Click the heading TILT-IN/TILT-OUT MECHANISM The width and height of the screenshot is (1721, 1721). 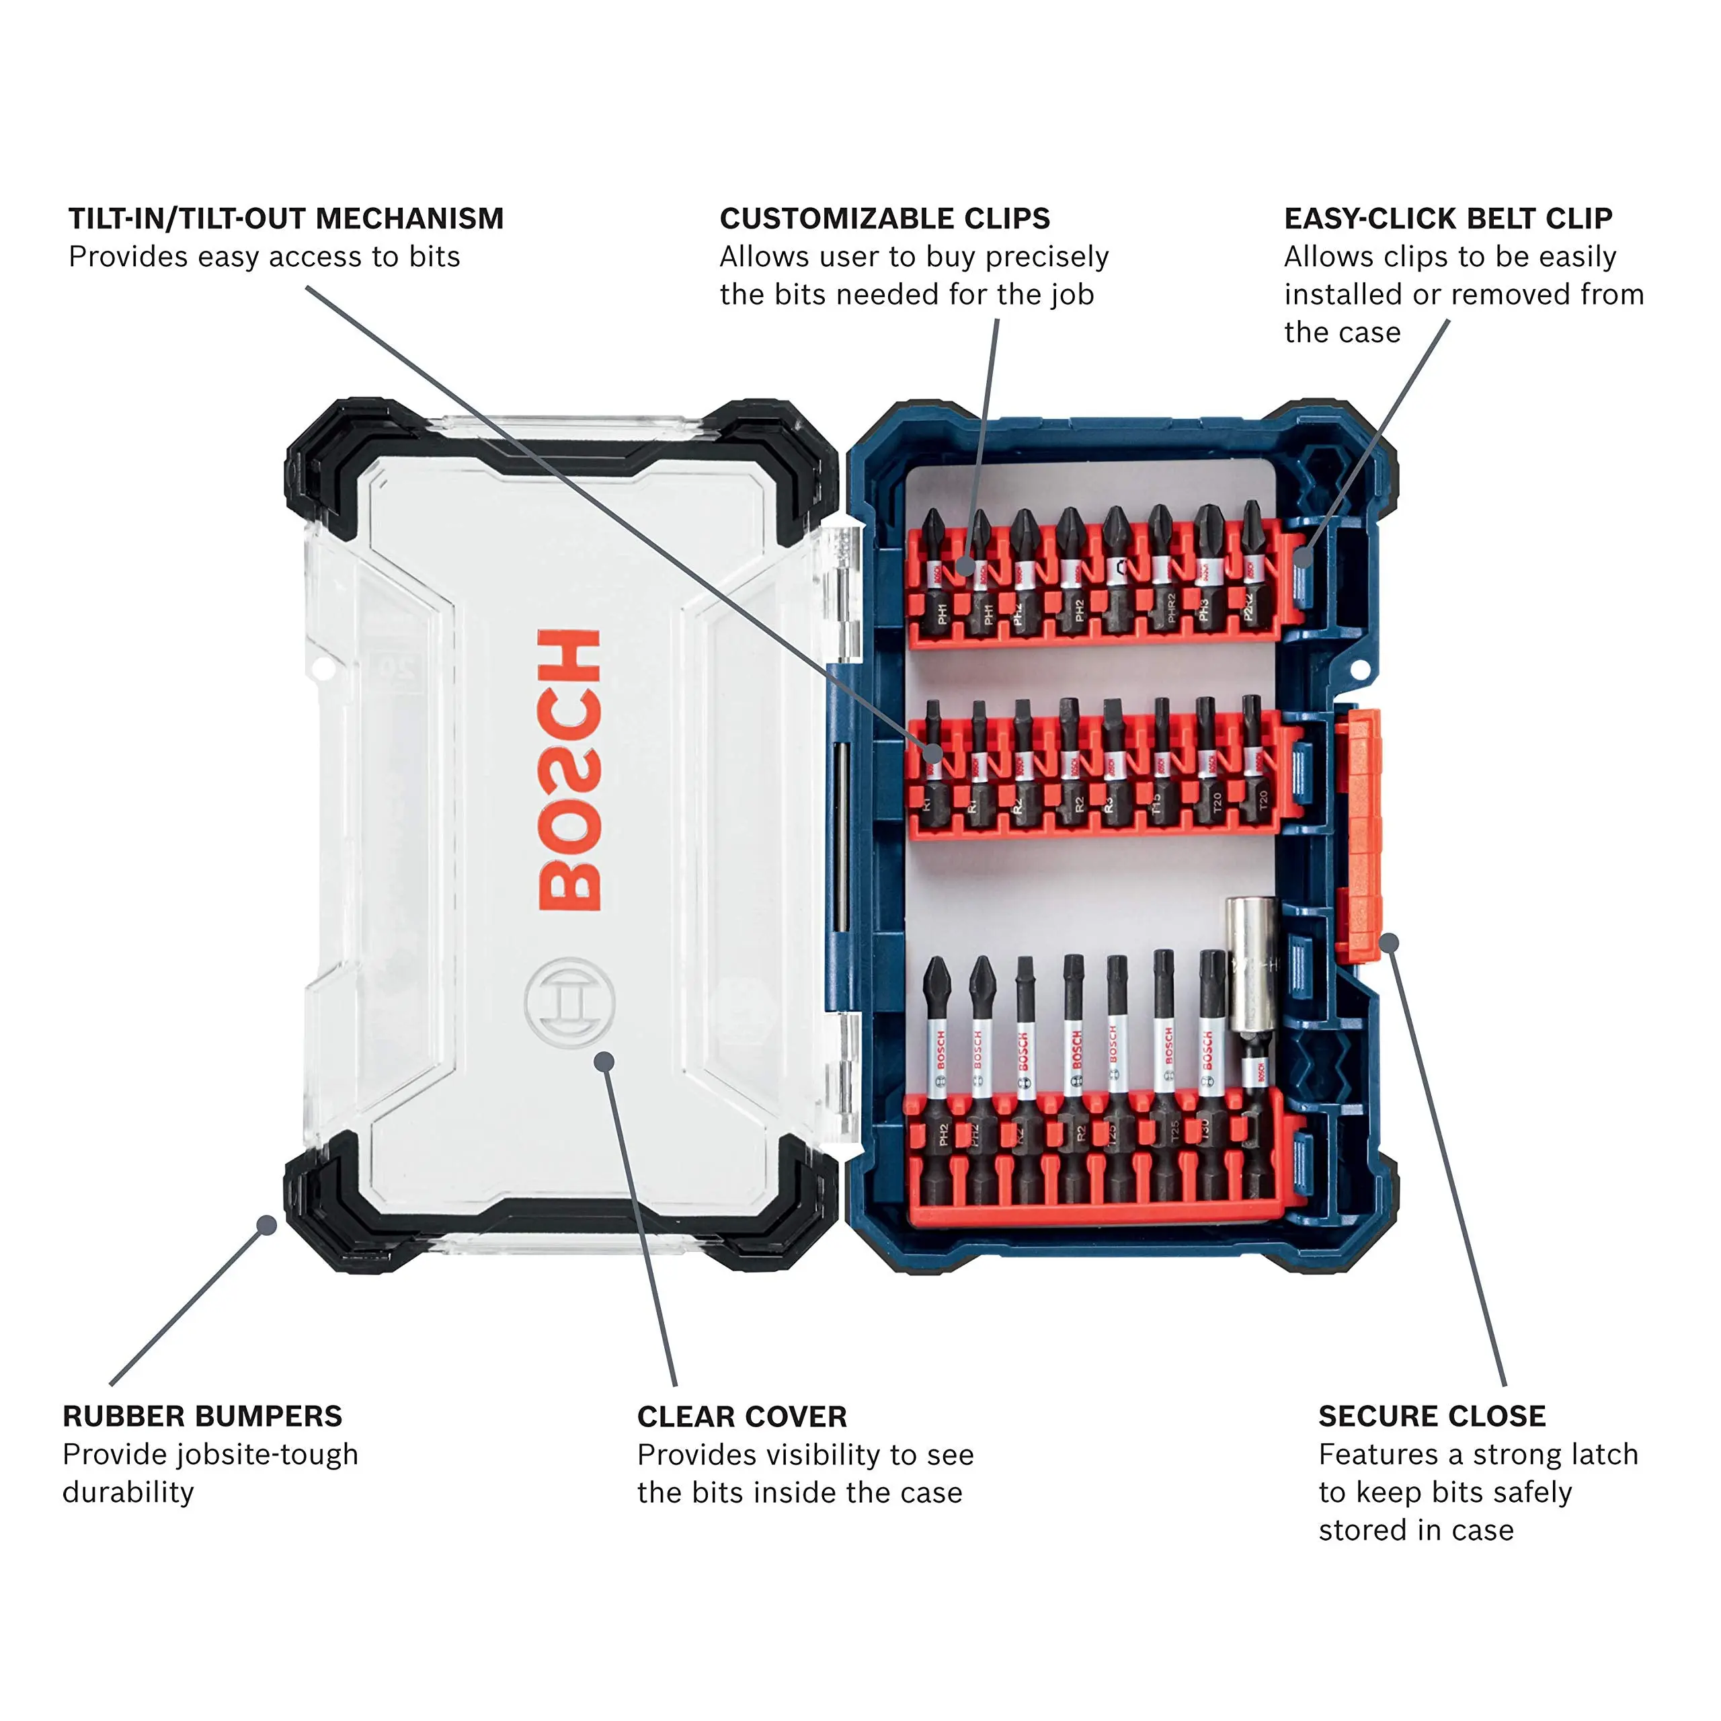click(286, 218)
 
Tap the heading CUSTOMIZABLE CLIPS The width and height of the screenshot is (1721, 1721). click(885, 218)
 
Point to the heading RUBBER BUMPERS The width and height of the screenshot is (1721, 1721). click(202, 1416)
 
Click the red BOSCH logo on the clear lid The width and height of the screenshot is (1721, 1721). click(570, 770)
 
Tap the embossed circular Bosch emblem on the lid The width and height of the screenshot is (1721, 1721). click(570, 1003)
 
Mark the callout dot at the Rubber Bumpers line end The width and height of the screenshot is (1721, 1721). click(266, 1226)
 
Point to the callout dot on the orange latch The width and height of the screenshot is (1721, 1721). click(1389, 943)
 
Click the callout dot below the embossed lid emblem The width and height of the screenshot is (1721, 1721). click(605, 1061)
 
